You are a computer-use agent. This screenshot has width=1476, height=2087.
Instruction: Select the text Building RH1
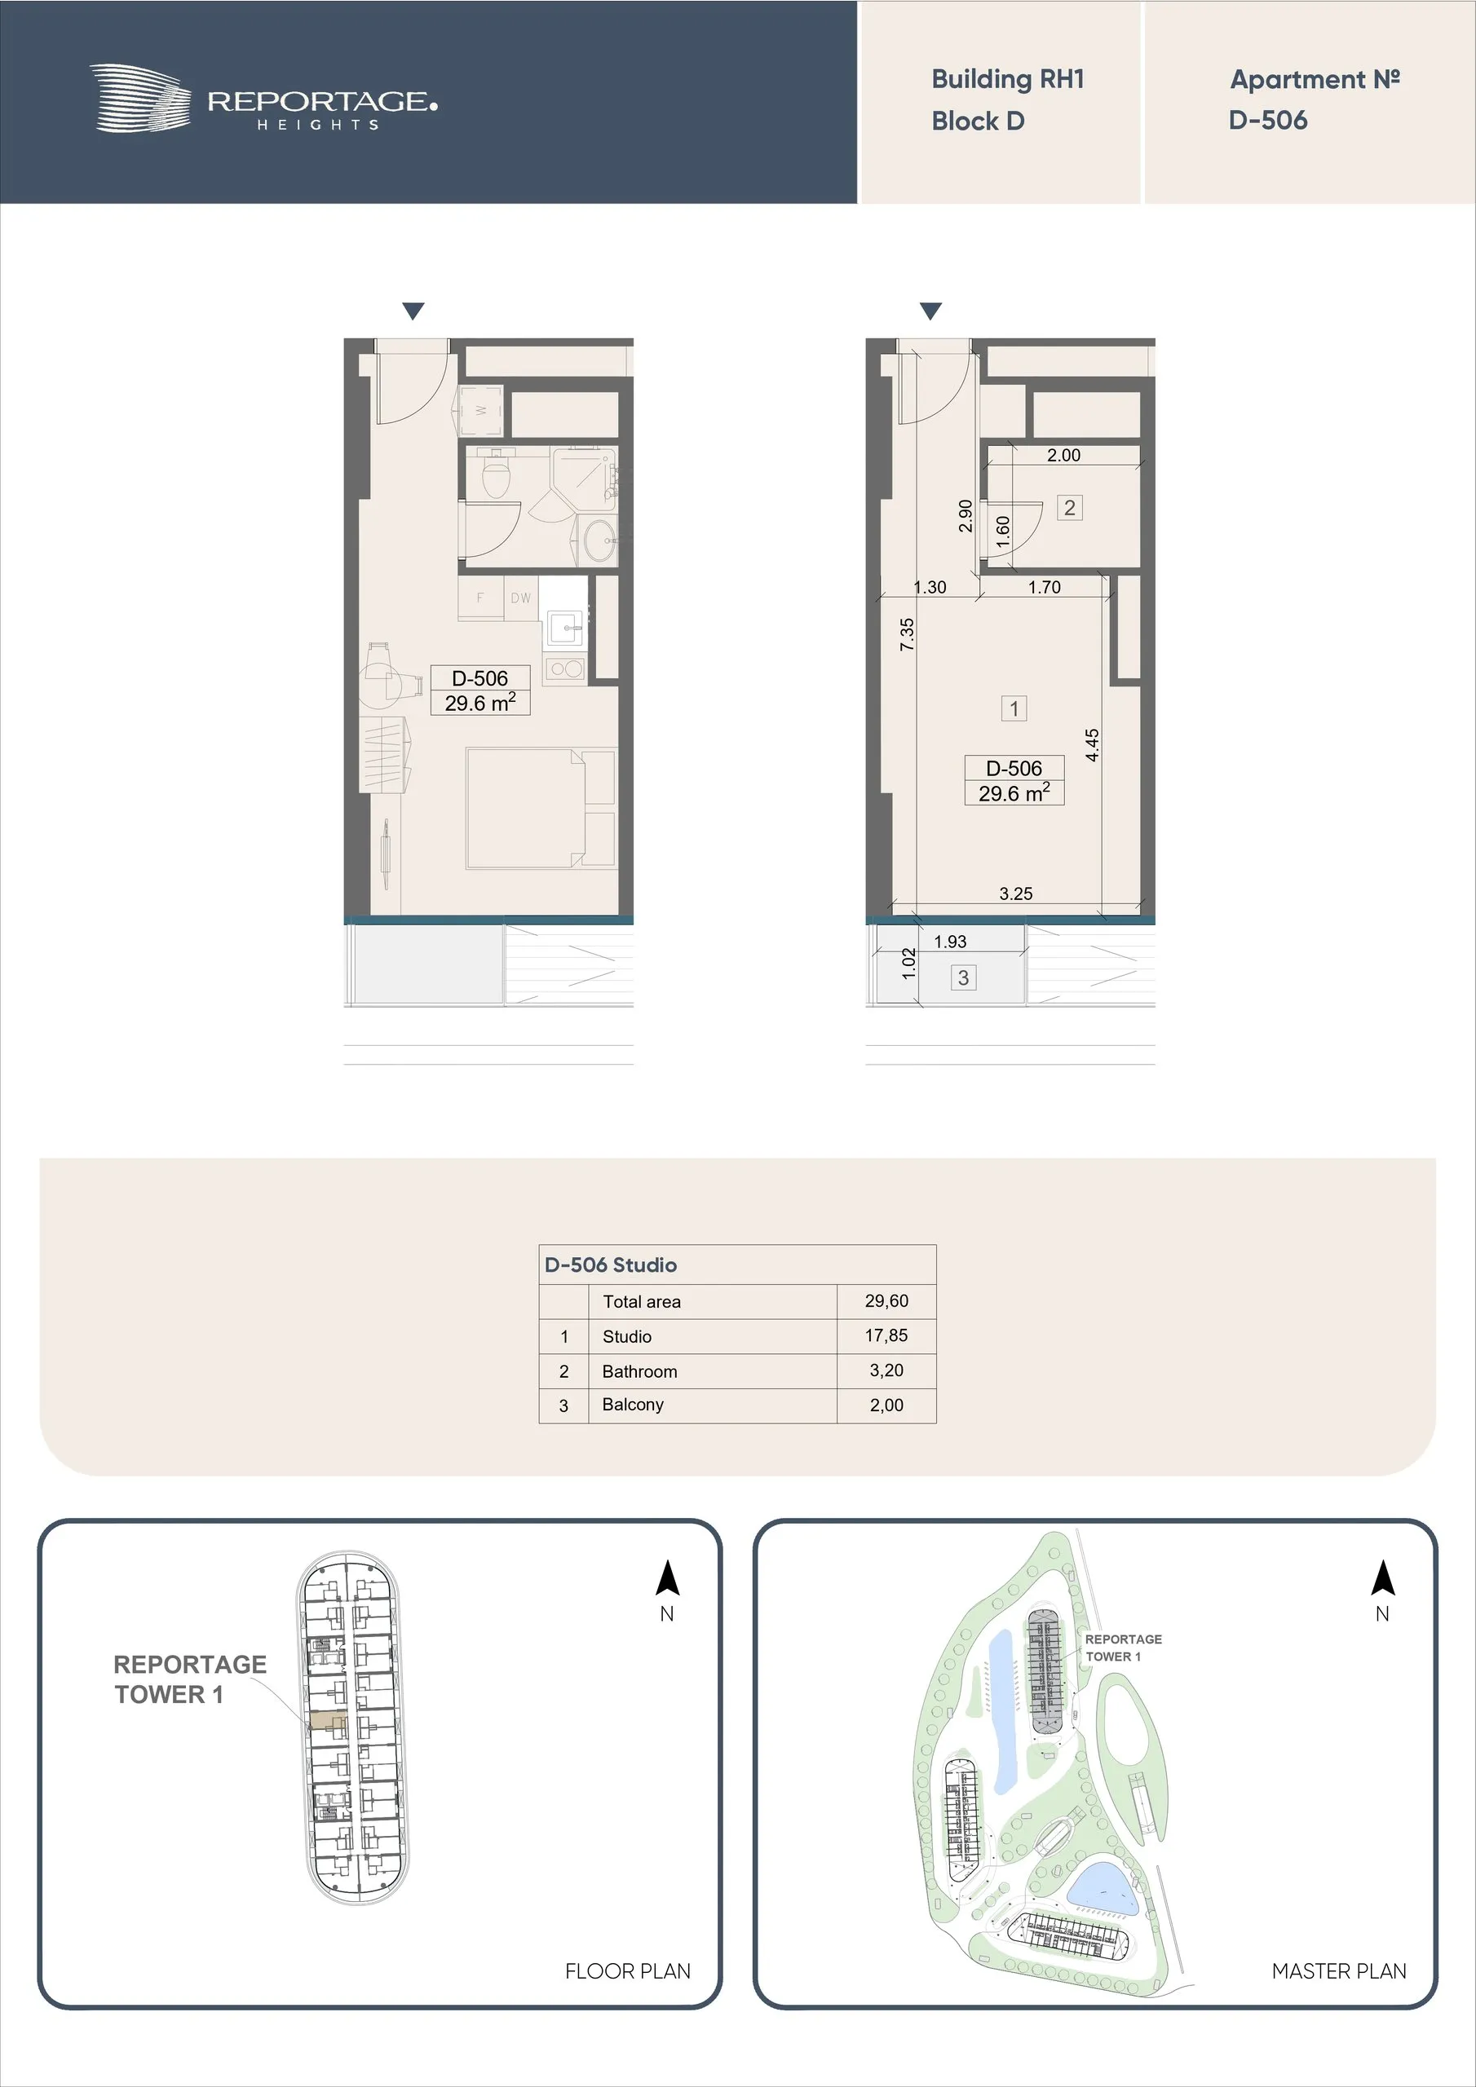1008,80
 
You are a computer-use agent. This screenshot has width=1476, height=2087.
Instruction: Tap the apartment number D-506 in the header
1268,120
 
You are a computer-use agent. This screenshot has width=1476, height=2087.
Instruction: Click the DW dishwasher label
520,598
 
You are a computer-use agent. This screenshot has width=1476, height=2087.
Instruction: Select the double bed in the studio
541,808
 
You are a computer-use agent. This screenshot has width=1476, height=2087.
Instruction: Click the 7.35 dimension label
907,633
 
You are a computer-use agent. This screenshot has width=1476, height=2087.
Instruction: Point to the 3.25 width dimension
1016,893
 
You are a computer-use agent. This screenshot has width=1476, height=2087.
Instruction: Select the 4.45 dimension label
1092,744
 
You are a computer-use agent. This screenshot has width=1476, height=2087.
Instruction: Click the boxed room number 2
1069,508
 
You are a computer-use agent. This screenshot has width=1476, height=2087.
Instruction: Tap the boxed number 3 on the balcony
963,978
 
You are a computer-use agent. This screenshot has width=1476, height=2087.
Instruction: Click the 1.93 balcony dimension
950,942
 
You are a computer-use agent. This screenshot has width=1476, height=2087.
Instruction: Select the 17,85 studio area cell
886,1335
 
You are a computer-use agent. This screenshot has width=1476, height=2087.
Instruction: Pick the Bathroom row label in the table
639,1370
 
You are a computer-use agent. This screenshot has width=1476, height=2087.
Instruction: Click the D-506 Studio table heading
611,1264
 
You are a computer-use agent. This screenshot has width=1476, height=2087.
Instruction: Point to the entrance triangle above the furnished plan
413,311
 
